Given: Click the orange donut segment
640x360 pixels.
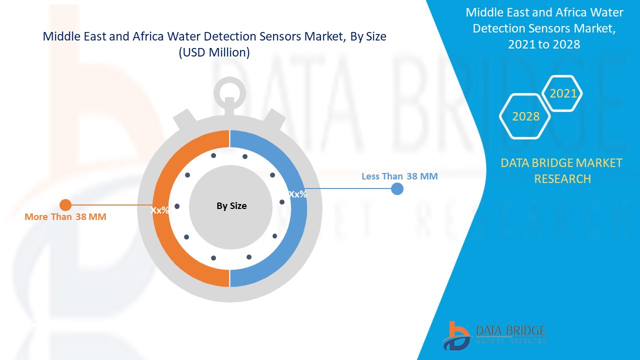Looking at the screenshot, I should click(x=165, y=235).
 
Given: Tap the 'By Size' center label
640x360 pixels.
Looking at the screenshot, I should click(x=231, y=205).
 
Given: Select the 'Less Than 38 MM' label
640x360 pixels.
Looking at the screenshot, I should click(x=399, y=176).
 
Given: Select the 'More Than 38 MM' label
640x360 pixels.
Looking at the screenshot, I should click(x=65, y=217).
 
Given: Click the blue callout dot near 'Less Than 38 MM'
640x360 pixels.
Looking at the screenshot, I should click(x=397, y=188).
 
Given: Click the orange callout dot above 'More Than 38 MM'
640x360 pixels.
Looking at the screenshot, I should click(x=65, y=204).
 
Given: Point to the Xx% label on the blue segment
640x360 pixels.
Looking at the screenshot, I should click(x=298, y=194).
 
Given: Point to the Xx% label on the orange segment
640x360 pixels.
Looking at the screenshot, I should click(x=160, y=210).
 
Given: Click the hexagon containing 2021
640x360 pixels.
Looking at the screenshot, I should click(x=563, y=93).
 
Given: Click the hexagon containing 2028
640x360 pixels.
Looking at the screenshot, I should click(x=525, y=116).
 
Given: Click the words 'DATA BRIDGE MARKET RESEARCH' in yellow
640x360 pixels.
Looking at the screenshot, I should click(x=562, y=170).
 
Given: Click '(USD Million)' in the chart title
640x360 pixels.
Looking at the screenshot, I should click(x=214, y=52).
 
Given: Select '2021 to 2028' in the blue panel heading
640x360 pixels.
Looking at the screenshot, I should click(x=544, y=44).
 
